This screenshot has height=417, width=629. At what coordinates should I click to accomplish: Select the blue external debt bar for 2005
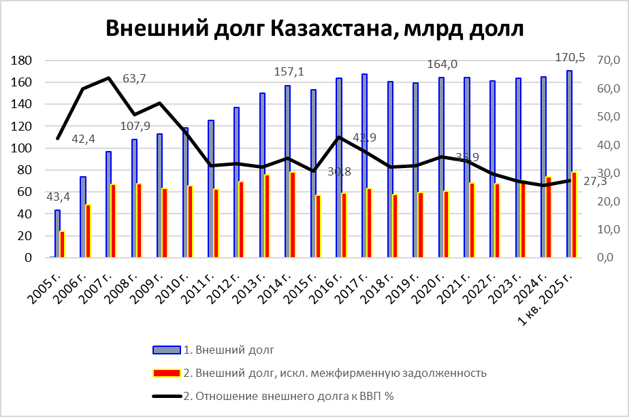click(x=57, y=234)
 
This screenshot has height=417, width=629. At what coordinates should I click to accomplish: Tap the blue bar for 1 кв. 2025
click(x=568, y=164)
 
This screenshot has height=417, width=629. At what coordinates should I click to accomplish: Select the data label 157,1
click(x=286, y=71)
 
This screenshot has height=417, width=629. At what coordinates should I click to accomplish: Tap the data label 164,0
click(x=441, y=65)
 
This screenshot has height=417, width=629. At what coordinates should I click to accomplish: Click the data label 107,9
click(x=135, y=126)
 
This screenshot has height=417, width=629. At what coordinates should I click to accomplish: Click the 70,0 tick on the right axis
click(x=607, y=61)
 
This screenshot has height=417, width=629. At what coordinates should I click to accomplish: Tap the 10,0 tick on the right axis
click(x=607, y=230)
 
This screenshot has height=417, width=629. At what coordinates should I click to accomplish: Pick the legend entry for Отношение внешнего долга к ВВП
click(x=289, y=395)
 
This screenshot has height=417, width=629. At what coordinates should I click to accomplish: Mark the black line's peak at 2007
click(x=109, y=78)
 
